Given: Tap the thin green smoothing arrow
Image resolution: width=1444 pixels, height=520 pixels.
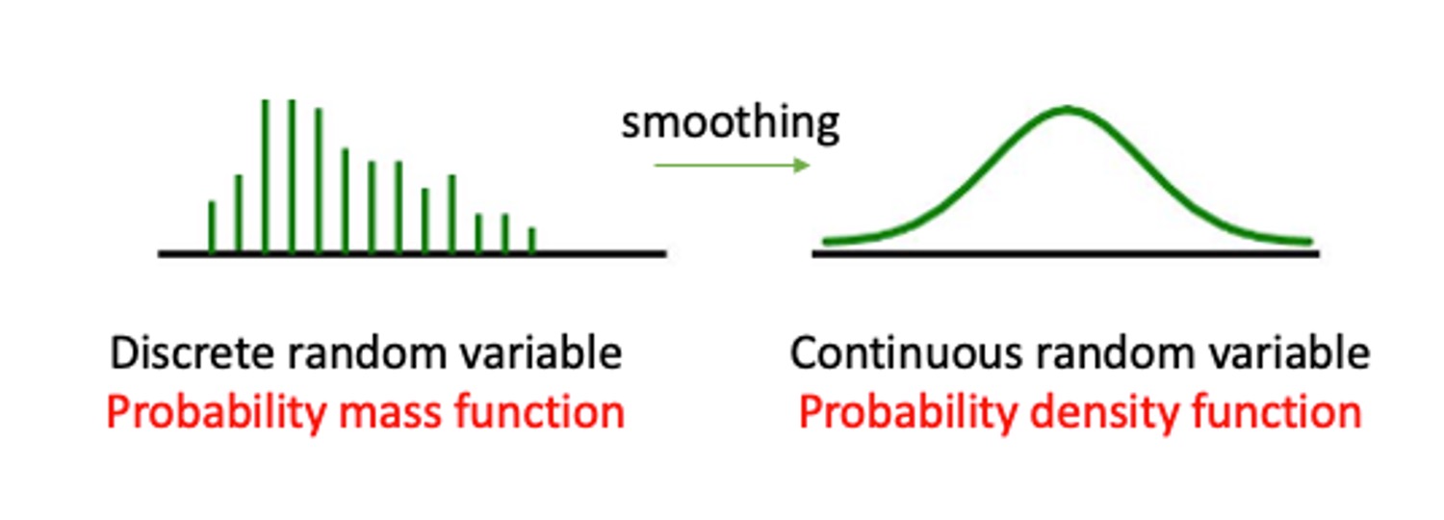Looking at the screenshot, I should tap(732, 166).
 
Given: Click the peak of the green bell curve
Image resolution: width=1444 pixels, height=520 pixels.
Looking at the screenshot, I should tap(1068, 110).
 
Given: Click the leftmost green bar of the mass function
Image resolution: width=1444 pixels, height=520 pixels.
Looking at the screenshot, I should tap(213, 227).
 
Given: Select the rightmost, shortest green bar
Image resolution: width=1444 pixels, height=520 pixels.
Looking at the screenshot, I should tap(531, 240).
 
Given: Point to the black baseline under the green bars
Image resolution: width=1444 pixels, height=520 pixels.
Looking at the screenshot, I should tap(412, 253).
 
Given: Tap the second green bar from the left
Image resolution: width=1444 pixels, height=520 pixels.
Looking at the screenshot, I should tap(239, 214).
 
